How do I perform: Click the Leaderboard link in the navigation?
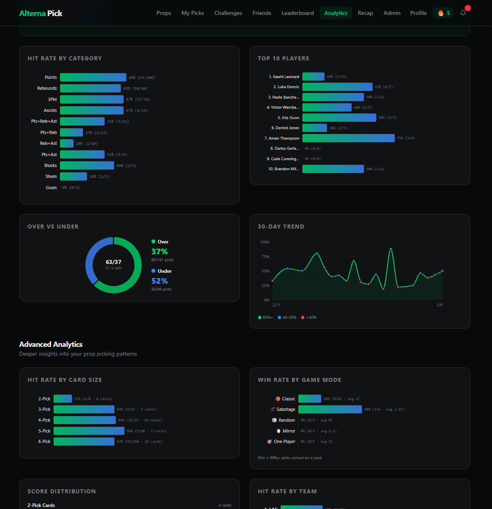click(x=298, y=13)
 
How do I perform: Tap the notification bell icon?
click(x=463, y=13)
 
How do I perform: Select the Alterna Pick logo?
click(x=41, y=13)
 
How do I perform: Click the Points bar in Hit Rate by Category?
click(x=93, y=77)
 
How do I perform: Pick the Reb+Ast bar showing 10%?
click(x=67, y=143)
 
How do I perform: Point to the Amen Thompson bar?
click(x=348, y=138)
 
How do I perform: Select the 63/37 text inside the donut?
click(x=114, y=262)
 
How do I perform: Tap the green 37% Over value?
click(x=159, y=251)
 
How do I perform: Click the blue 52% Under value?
click(x=159, y=281)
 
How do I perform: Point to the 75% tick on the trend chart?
click(x=265, y=257)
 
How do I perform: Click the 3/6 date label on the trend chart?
click(x=439, y=305)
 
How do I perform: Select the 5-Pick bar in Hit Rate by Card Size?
click(x=89, y=431)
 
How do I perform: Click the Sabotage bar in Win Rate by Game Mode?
click(x=330, y=409)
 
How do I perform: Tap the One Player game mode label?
click(x=284, y=441)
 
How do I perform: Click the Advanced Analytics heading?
click(x=51, y=344)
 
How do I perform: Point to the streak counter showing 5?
click(x=443, y=13)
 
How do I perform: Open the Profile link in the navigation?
click(x=418, y=13)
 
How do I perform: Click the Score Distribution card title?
click(x=62, y=491)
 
